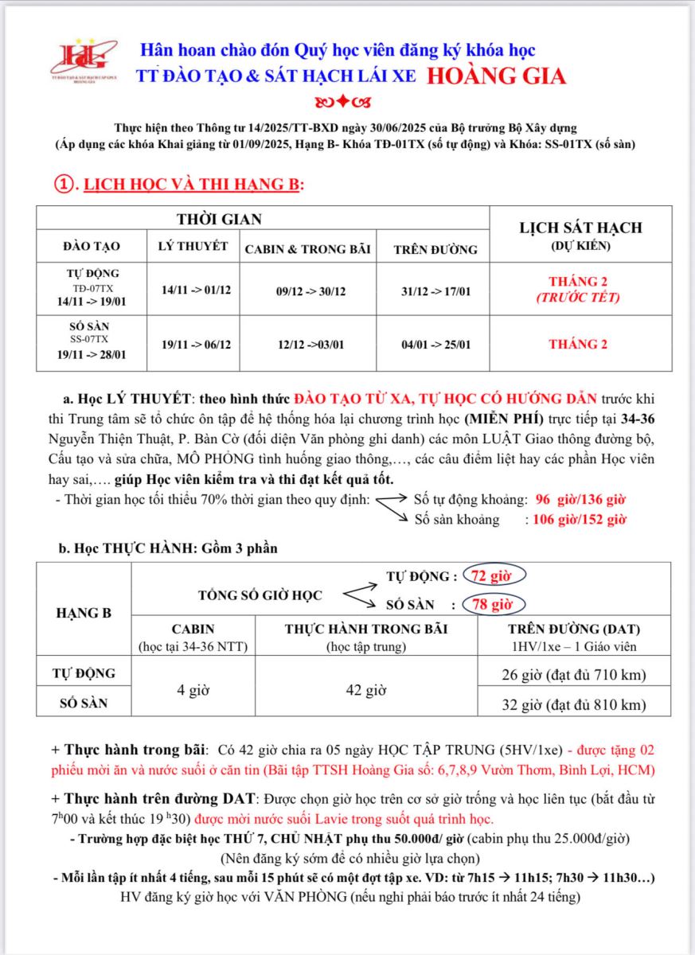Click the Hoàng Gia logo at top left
84,63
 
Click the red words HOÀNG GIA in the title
497,76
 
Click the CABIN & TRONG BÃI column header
307,249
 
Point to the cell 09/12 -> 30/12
308,291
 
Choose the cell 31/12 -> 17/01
435,291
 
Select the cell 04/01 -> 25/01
435,345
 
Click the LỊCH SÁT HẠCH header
580,228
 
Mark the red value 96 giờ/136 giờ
580,500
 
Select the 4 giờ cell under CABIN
193,690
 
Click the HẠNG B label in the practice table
84,613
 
